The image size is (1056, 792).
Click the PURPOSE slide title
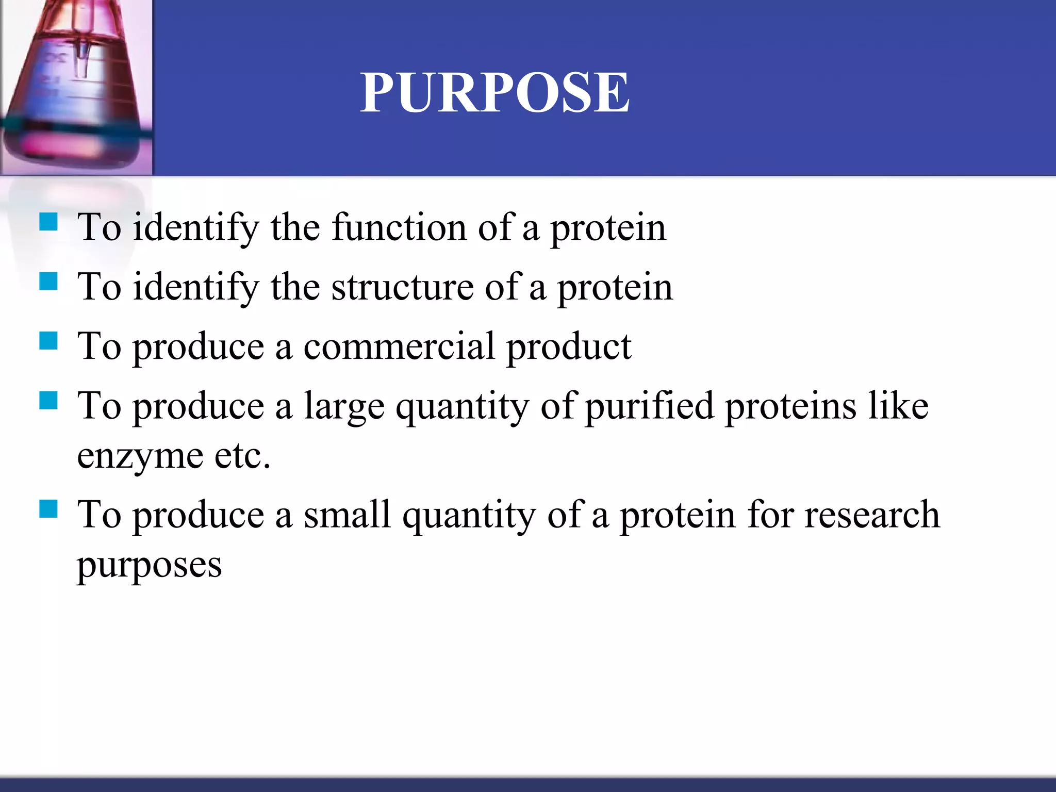pos(494,93)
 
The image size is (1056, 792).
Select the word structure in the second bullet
pos(402,287)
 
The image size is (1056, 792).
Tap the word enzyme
pos(140,456)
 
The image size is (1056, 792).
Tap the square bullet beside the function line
pos(48,222)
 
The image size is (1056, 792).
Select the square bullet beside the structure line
pos(48,282)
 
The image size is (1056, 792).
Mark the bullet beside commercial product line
pos(48,341)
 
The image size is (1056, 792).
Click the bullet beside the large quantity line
pos(48,400)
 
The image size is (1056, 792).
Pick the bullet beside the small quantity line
pos(48,509)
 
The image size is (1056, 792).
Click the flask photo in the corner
pos(76,87)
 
